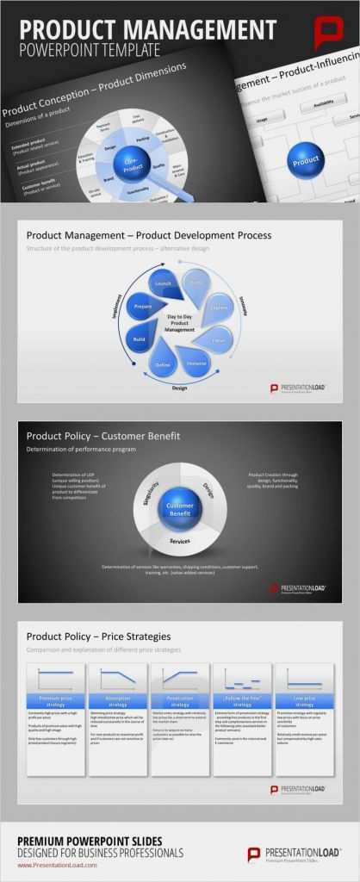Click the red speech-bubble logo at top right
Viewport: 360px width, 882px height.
pyautogui.click(x=329, y=33)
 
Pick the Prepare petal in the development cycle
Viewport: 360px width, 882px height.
pyautogui.click(x=142, y=305)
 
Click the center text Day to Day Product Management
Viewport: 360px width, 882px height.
pyautogui.click(x=180, y=323)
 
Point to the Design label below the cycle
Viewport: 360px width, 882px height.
pyautogui.click(x=180, y=388)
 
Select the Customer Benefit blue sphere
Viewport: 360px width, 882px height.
pyautogui.click(x=181, y=506)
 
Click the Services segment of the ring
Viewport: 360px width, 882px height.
pyautogui.click(x=180, y=542)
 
